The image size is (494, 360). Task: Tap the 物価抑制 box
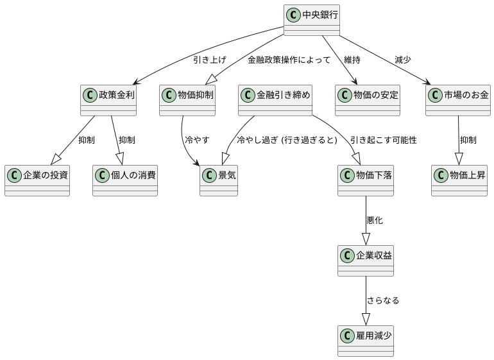tap(187, 100)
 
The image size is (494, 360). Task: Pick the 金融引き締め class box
tap(275, 100)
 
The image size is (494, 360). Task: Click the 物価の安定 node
tap(368, 100)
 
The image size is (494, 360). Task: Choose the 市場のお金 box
tap(458, 100)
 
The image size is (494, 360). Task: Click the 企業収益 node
tap(366, 260)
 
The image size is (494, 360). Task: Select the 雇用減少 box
tap(366, 340)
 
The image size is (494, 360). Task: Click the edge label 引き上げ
tap(209, 60)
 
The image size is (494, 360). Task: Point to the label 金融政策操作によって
tap(289, 60)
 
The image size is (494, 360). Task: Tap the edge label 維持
tap(352, 60)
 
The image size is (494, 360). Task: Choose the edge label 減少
tap(403, 60)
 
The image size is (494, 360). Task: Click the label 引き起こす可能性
tap(383, 140)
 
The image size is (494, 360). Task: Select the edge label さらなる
tap(382, 300)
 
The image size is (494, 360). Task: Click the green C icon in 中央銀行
tap(293, 13)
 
